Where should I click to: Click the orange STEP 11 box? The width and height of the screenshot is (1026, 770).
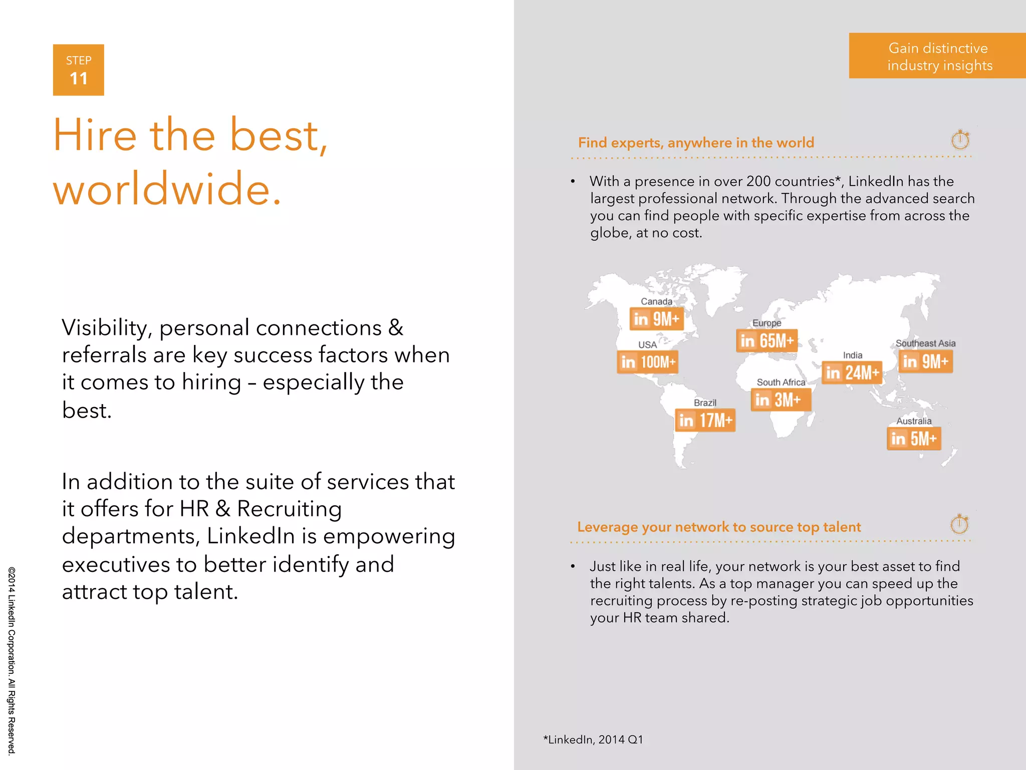pyautogui.click(x=79, y=70)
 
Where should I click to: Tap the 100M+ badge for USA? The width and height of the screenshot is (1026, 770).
pyautogui.click(x=648, y=361)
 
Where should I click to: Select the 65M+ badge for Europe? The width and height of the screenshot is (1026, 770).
pyautogui.click(x=766, y=340)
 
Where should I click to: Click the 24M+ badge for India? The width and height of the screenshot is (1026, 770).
pyautogui.click(x=852, y=372)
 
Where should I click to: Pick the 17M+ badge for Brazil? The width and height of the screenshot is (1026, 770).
pyautogui.click(x=705, y=420)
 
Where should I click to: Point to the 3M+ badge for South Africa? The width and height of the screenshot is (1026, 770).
pyautogui.click(x=781, y=400)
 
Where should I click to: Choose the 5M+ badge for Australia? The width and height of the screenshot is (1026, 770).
pyautogui.click(x=914, y=439)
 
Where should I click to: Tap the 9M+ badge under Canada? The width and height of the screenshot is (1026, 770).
pyautogui.click(x=656, y=319)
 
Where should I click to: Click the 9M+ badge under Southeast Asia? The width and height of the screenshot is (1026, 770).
pyautogui.click(x=925, y=361)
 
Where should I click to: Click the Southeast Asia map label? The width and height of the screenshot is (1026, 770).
pyautogui.click(x=925, y=343)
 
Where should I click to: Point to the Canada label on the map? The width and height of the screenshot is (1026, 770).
pyautogui.click(x=656, y=301)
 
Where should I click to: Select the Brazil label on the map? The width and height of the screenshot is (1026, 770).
pyautogui.click(x=705, y=403)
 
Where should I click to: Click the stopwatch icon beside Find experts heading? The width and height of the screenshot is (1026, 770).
pyautogui.click(x=960, y=140)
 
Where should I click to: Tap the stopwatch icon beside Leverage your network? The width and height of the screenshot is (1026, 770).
pyautogui.click(x=959, y=524)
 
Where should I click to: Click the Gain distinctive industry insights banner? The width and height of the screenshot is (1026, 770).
pyautogui.click(x=937, y=56)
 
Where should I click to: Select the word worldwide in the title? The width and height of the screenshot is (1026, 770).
pyautogui.click(x=167, y=189)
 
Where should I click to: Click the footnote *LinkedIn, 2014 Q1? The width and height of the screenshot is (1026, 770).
pyautogui.click(x=593, y=739)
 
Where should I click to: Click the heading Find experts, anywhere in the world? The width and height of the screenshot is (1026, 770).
pyautogui.click(x=696, y=143)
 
